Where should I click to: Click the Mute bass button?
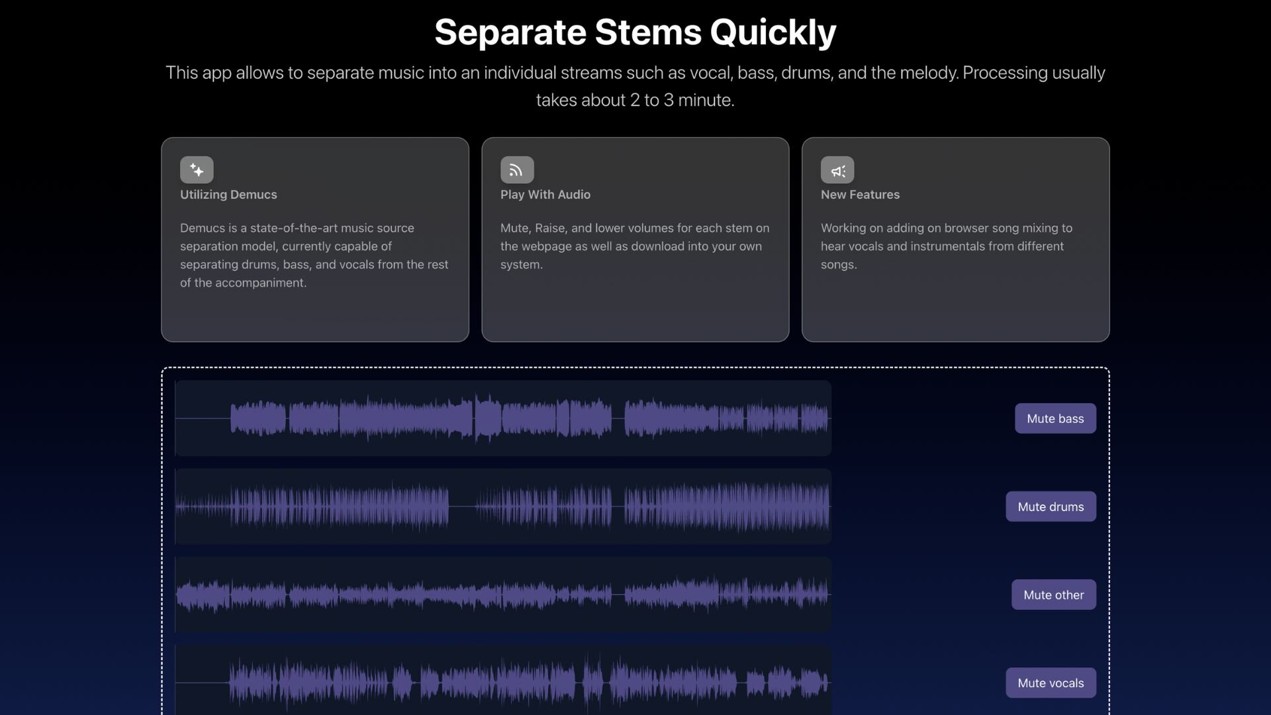pos(1055,418)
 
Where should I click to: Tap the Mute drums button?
pos(1051,506)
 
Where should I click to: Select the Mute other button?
pos(1053,595)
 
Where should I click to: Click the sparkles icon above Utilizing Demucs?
pos(197,169)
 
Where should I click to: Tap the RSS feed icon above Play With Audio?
pos(517,169)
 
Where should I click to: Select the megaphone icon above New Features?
pos(837,169)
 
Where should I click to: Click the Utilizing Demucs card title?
pos(228,195)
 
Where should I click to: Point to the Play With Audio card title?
pos(545,195)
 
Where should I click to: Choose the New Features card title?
pos(860,195)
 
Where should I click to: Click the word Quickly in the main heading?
pos(773,32)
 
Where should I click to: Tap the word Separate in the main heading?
pos(510,32)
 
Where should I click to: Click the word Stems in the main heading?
pos(648,32)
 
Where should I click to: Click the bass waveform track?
pos(503,418)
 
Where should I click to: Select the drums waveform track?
pos(503,506)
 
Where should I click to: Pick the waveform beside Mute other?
pos(503,595)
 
